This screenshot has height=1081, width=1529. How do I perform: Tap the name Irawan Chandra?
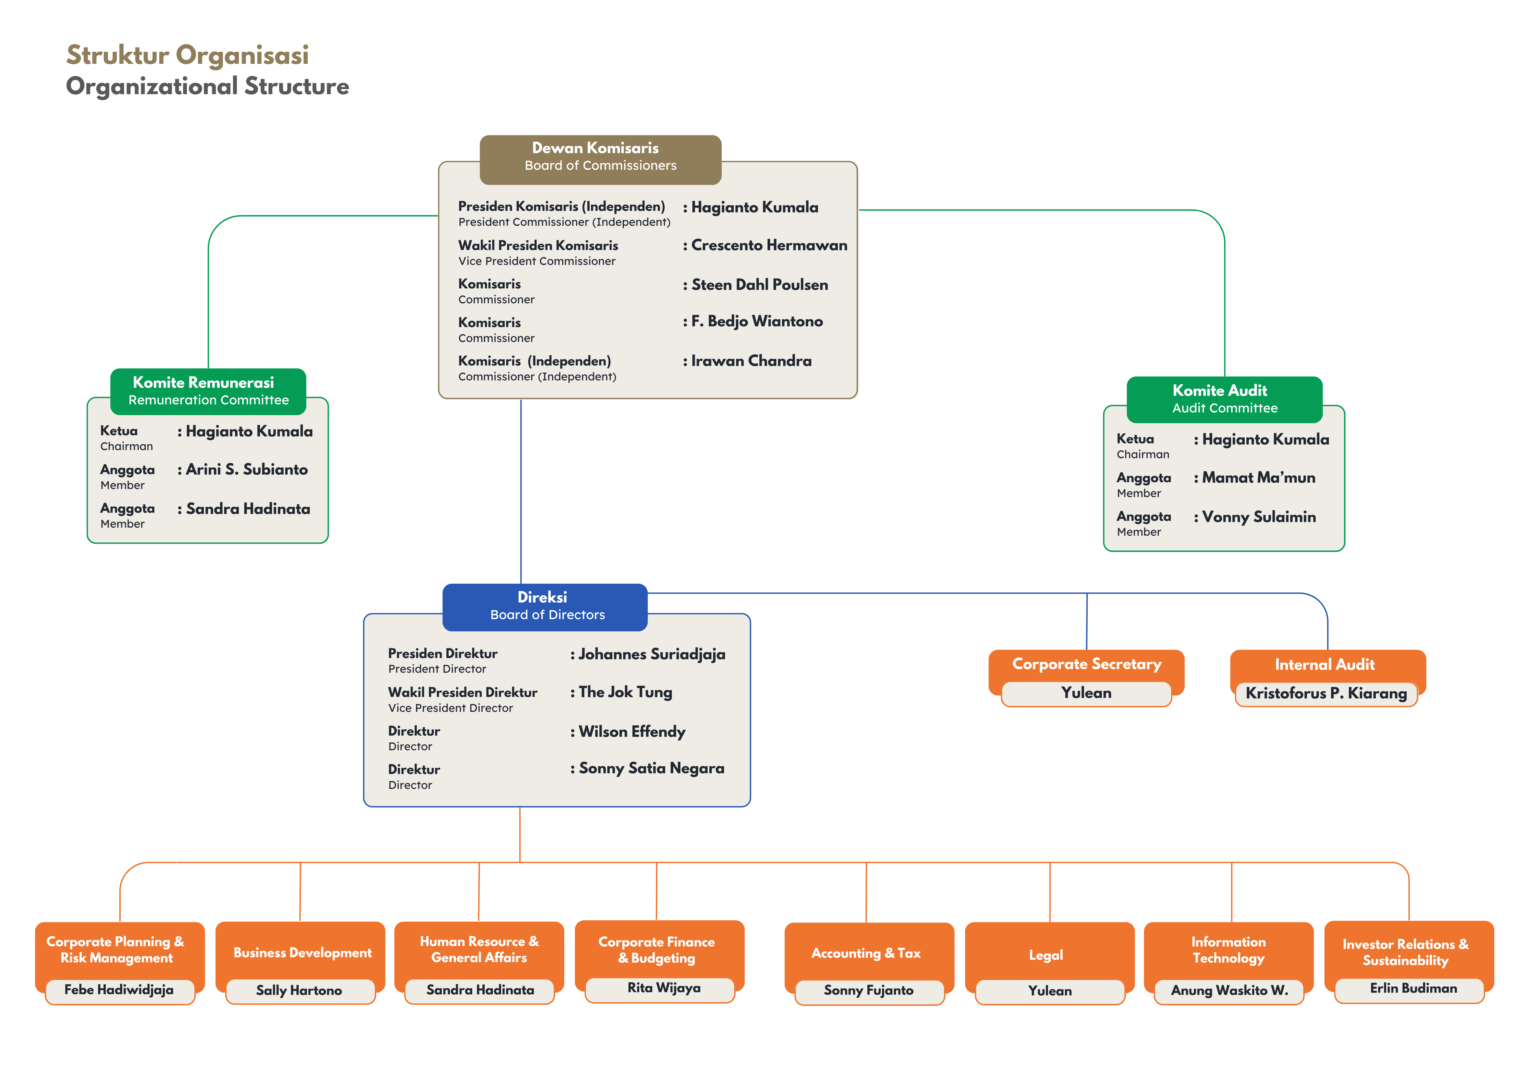click(751, 361)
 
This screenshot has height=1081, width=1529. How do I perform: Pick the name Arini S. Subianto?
click(247, 470)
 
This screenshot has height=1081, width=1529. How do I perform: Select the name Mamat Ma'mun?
click(1259, 478)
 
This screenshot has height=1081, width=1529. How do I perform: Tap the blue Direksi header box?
click(545, 607)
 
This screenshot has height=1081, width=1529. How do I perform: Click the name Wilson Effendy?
click(632, 732)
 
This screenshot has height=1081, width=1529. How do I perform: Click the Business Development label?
click(302, 953)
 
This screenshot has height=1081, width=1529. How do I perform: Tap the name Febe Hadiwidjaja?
click(119, 990)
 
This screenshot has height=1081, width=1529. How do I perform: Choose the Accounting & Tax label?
click(866, 954)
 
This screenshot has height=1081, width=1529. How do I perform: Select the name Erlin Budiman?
click(1413, 989)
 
